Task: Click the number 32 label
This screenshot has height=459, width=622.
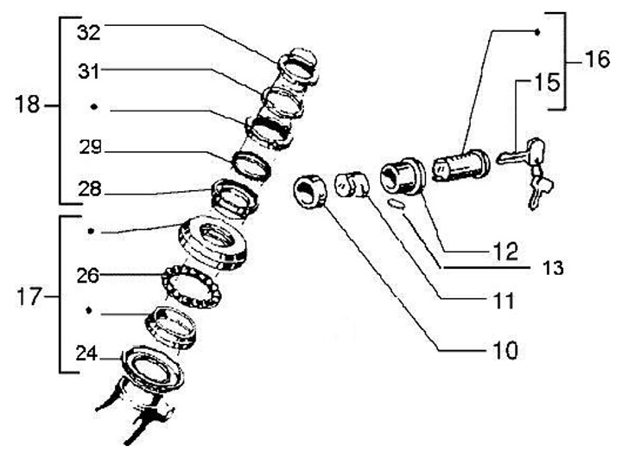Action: pos(89,34)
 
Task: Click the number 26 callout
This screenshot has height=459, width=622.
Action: pos(88,277)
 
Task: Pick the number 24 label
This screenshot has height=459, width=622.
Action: pos(87,353)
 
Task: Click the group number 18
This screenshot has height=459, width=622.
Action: pos(28,105)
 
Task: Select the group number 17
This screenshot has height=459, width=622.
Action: pos(28,296)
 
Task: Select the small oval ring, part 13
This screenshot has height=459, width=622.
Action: pos(397,204)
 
